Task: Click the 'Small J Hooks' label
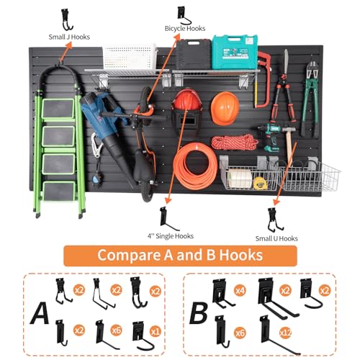tap(69, 37)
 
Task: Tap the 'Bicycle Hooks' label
tap(185, 29)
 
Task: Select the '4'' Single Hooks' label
tap(171, 236)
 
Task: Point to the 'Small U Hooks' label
tap(276, 238)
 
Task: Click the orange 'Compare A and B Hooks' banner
tap(180, 256)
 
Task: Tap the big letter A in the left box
tap(40, 313)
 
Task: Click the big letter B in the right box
tap(199, 313)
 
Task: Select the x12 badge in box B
tap(286, 333)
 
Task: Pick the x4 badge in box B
tap(240, 291)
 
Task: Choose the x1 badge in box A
tap(156, 332)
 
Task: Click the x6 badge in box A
tap(117, 330)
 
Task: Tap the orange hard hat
tap(225, 109)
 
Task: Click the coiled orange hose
tap(195, 166)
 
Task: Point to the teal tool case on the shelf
tap(235, 52)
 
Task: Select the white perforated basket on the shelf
tap(130, 57)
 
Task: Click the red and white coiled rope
tap(235, 143)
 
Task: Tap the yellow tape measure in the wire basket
tap(260, 183)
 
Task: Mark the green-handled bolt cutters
tap(311, 99)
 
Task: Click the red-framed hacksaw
tap(264, 79)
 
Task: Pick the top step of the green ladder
tap(58, 109)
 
